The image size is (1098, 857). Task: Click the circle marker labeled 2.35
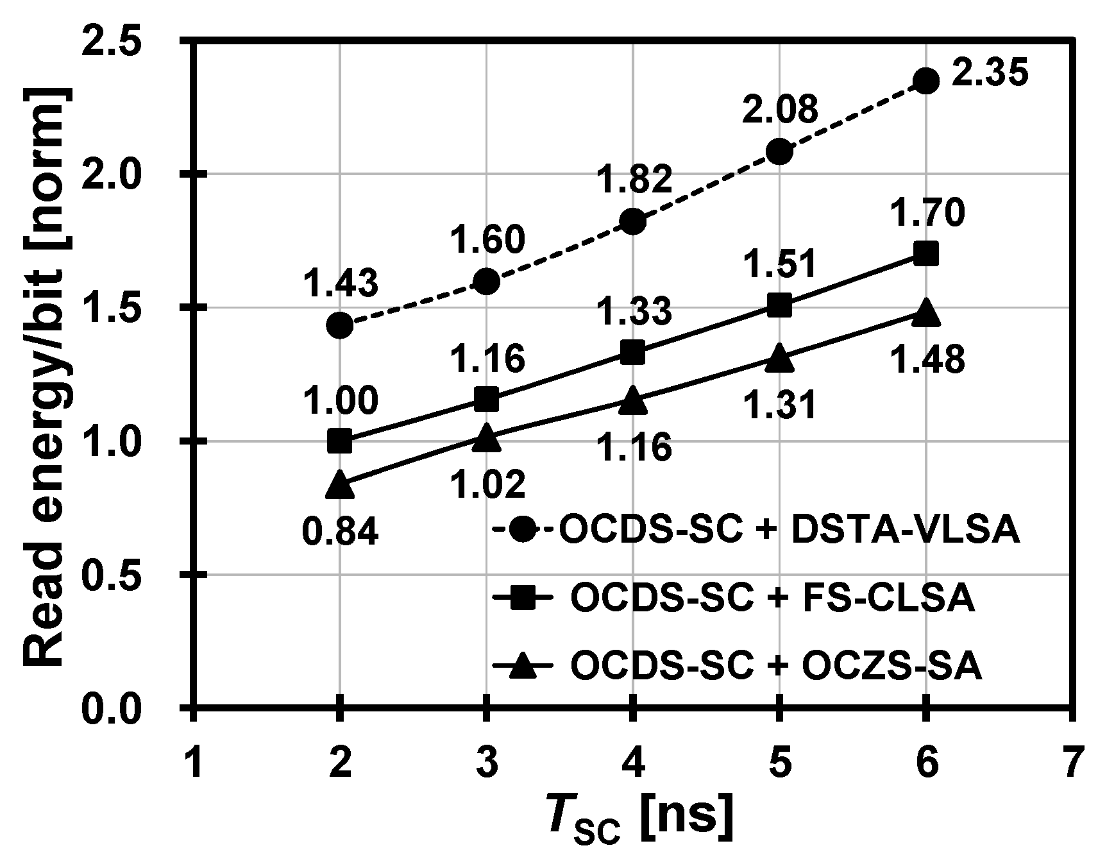[x=925, y=81]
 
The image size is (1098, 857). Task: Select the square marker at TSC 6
[x=925, y=254]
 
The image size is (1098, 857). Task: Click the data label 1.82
[x=634, y=180]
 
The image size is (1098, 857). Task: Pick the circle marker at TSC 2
[x=339, y=325]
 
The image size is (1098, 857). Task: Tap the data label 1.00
[x=340, y=402]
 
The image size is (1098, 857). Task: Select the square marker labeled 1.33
[x=633, y=352]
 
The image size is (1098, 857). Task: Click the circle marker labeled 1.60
[x=486, y=282]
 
